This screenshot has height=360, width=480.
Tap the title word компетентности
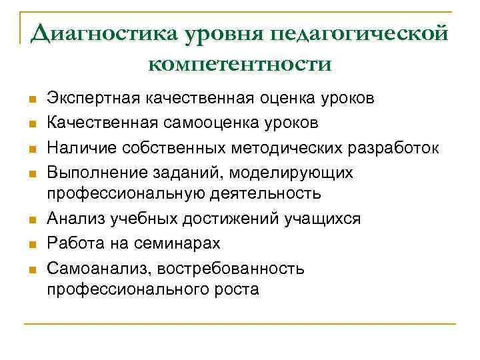click(239, 64)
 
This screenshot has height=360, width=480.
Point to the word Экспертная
click(87, 99)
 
